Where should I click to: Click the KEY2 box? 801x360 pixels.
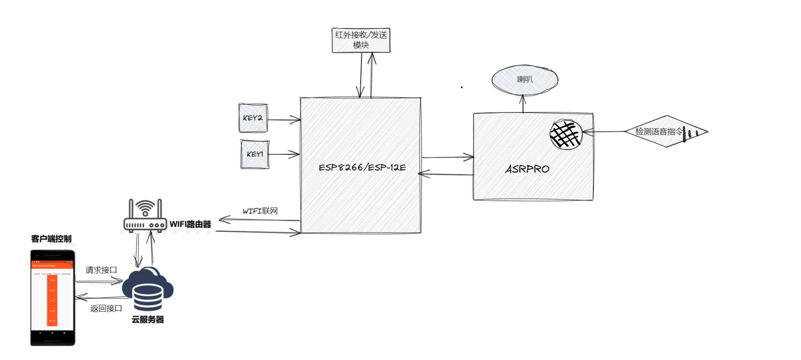(x=253, y=118)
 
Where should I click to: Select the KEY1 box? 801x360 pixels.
(x=255, y=154)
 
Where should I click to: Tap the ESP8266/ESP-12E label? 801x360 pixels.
(x=362, y=167)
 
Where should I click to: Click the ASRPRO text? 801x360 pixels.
(x=527, y=169)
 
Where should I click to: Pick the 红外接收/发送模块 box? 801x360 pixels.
(x=361, y=40)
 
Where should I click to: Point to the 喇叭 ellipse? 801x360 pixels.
(x=524, y=80)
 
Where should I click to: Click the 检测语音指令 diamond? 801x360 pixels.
(x=666, y=131)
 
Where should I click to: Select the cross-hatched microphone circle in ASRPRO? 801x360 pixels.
(x=566, y=134)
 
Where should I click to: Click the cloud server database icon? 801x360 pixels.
(x=148, y=289)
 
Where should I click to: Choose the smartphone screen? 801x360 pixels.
(x=52, y=296)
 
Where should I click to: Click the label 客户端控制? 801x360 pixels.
(x=51, y=239)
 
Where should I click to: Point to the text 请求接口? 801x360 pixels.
(x=101, y=270)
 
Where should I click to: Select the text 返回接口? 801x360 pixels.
(x=106, y=308)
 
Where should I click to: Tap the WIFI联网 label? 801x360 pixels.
(x=260, y=211)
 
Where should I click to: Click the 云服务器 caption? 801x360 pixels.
(x=148, y=320)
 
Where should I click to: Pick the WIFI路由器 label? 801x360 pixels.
(x=190, y=224)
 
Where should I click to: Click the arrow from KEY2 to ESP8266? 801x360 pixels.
(x=284, y=119)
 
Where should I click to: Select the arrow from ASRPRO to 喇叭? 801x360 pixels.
(x=523, y=104)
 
